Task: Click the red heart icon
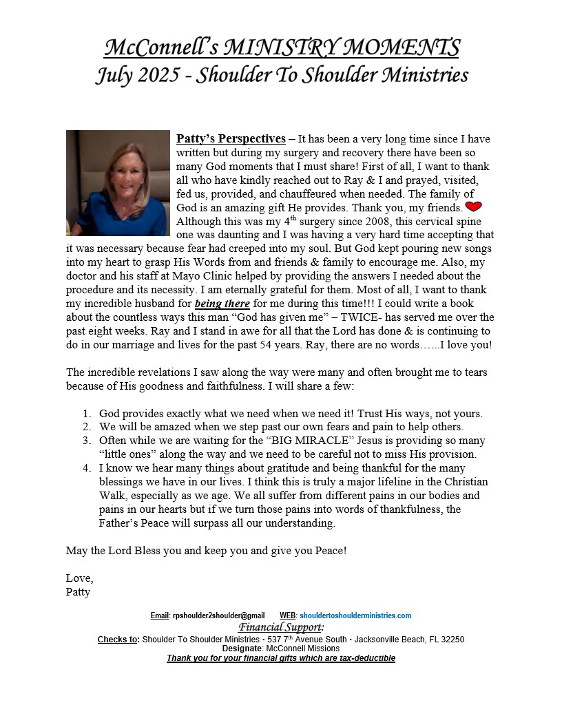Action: [x=473, y=207]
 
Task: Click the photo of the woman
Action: [x=118, y=182]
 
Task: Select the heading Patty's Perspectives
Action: [x=231, y=138]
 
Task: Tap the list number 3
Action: [x=87, y=441]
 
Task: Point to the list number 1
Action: [x=87, y=414]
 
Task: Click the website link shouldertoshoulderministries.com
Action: [x=355, y=615]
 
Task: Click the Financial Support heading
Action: [x=280, y=627]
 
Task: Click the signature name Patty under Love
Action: [x=78, y=591]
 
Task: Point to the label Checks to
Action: [x=117, y=640]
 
